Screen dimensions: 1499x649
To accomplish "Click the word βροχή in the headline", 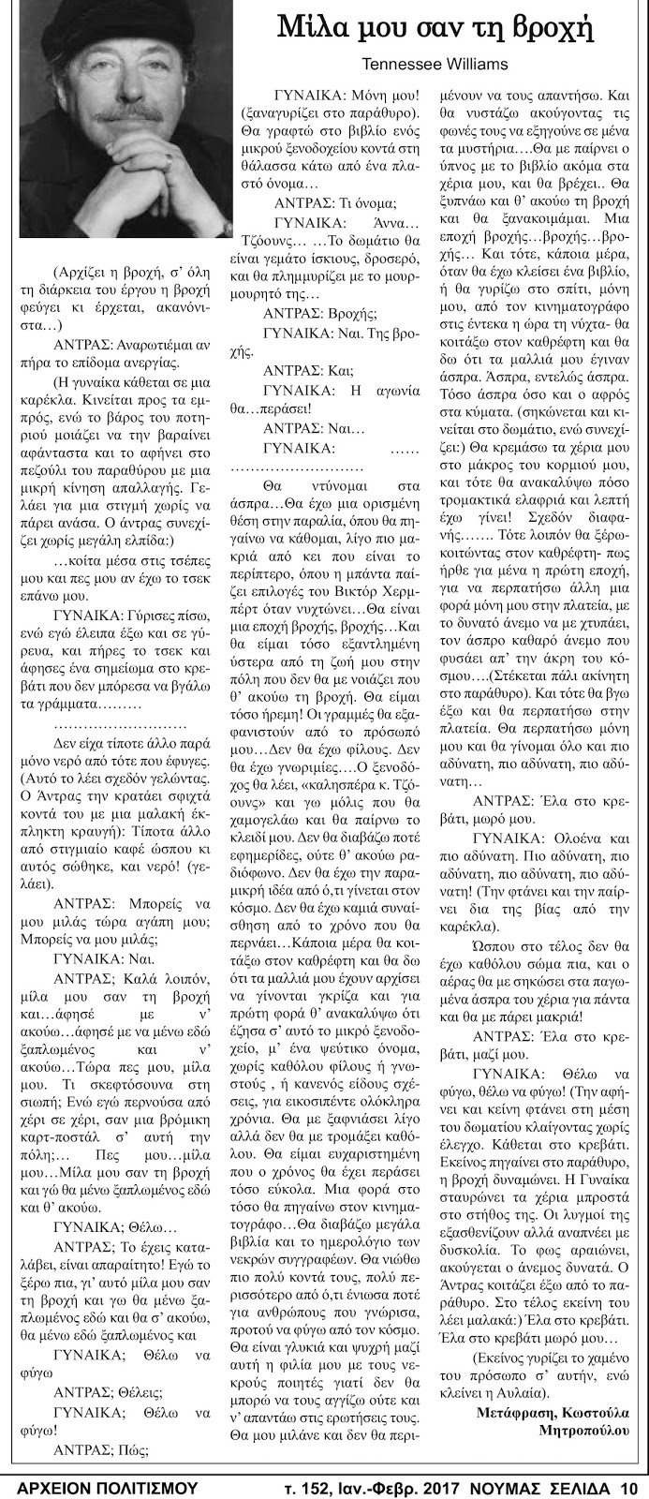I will click(x=555, y=29).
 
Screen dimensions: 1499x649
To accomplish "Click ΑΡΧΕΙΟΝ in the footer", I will click(x=58, y=1487).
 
